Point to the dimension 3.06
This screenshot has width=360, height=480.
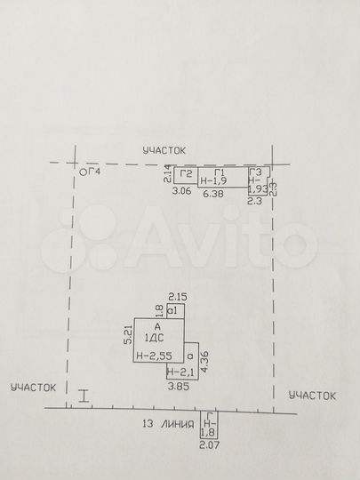pos(181,191)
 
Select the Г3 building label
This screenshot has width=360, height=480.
pos(256,172)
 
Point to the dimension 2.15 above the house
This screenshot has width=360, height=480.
pos(176,296)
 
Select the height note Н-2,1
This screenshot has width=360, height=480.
pos(180,373)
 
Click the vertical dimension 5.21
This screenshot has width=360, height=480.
pos(128,335)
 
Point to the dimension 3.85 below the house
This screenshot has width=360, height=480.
pos(180,386)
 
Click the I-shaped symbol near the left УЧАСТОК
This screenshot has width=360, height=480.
pos(83,396)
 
